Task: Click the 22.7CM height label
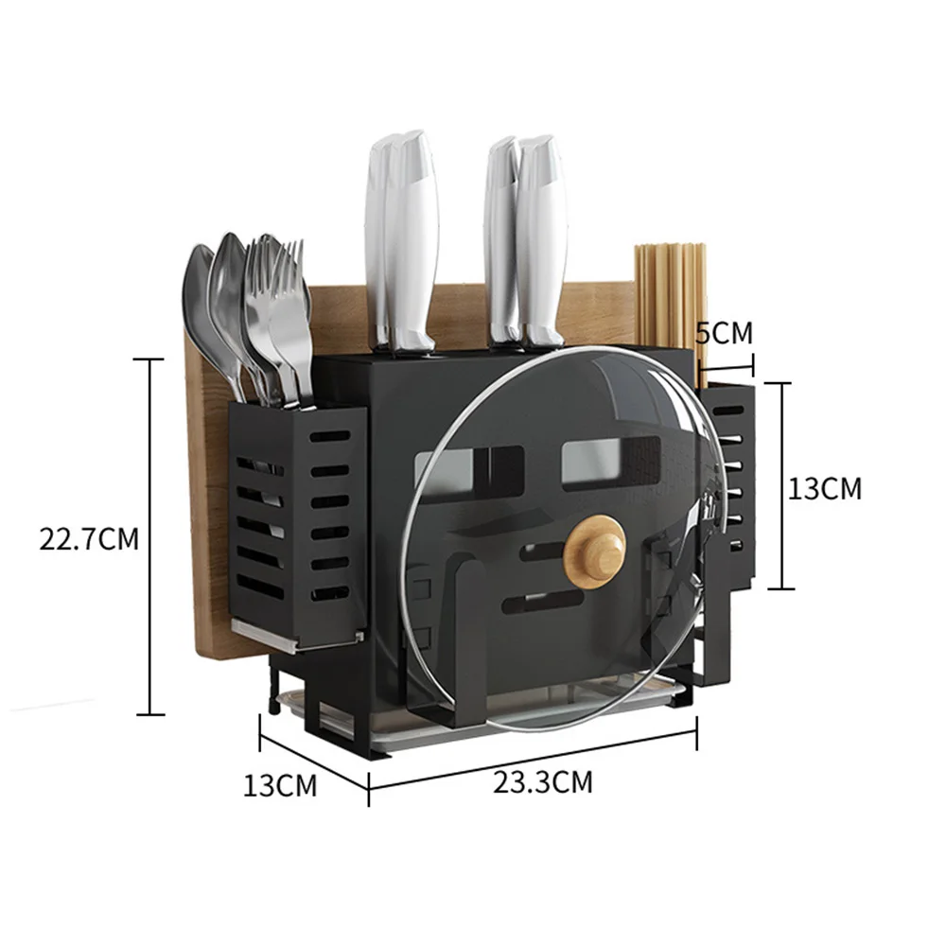pyautogui.click(x=89, y=539)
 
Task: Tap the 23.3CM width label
pyautogui.click(x=543, y=782)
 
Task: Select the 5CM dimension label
pyautogui.click(x=724, y=333)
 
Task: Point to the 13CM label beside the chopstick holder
pyautogui.click(x=825, y=488)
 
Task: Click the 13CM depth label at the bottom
pyautogui.click(x=280, y=785)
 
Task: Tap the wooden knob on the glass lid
pyautogui.click(x=595, y=552)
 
